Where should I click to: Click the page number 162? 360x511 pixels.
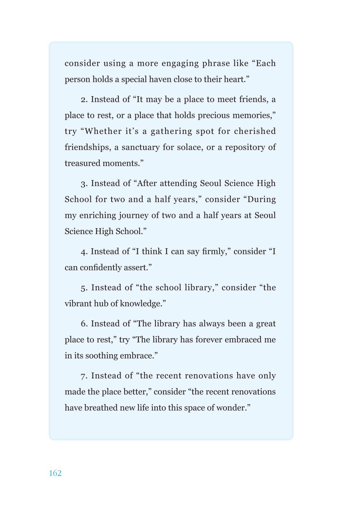click(55, 473)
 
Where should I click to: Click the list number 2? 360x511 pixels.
click(84, 100)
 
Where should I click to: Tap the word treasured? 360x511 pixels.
click(82, 163)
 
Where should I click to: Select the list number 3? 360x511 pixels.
click(84, 184)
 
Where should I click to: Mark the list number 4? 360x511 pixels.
click(84, 252)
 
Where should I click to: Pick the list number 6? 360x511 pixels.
click(84, 324)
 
